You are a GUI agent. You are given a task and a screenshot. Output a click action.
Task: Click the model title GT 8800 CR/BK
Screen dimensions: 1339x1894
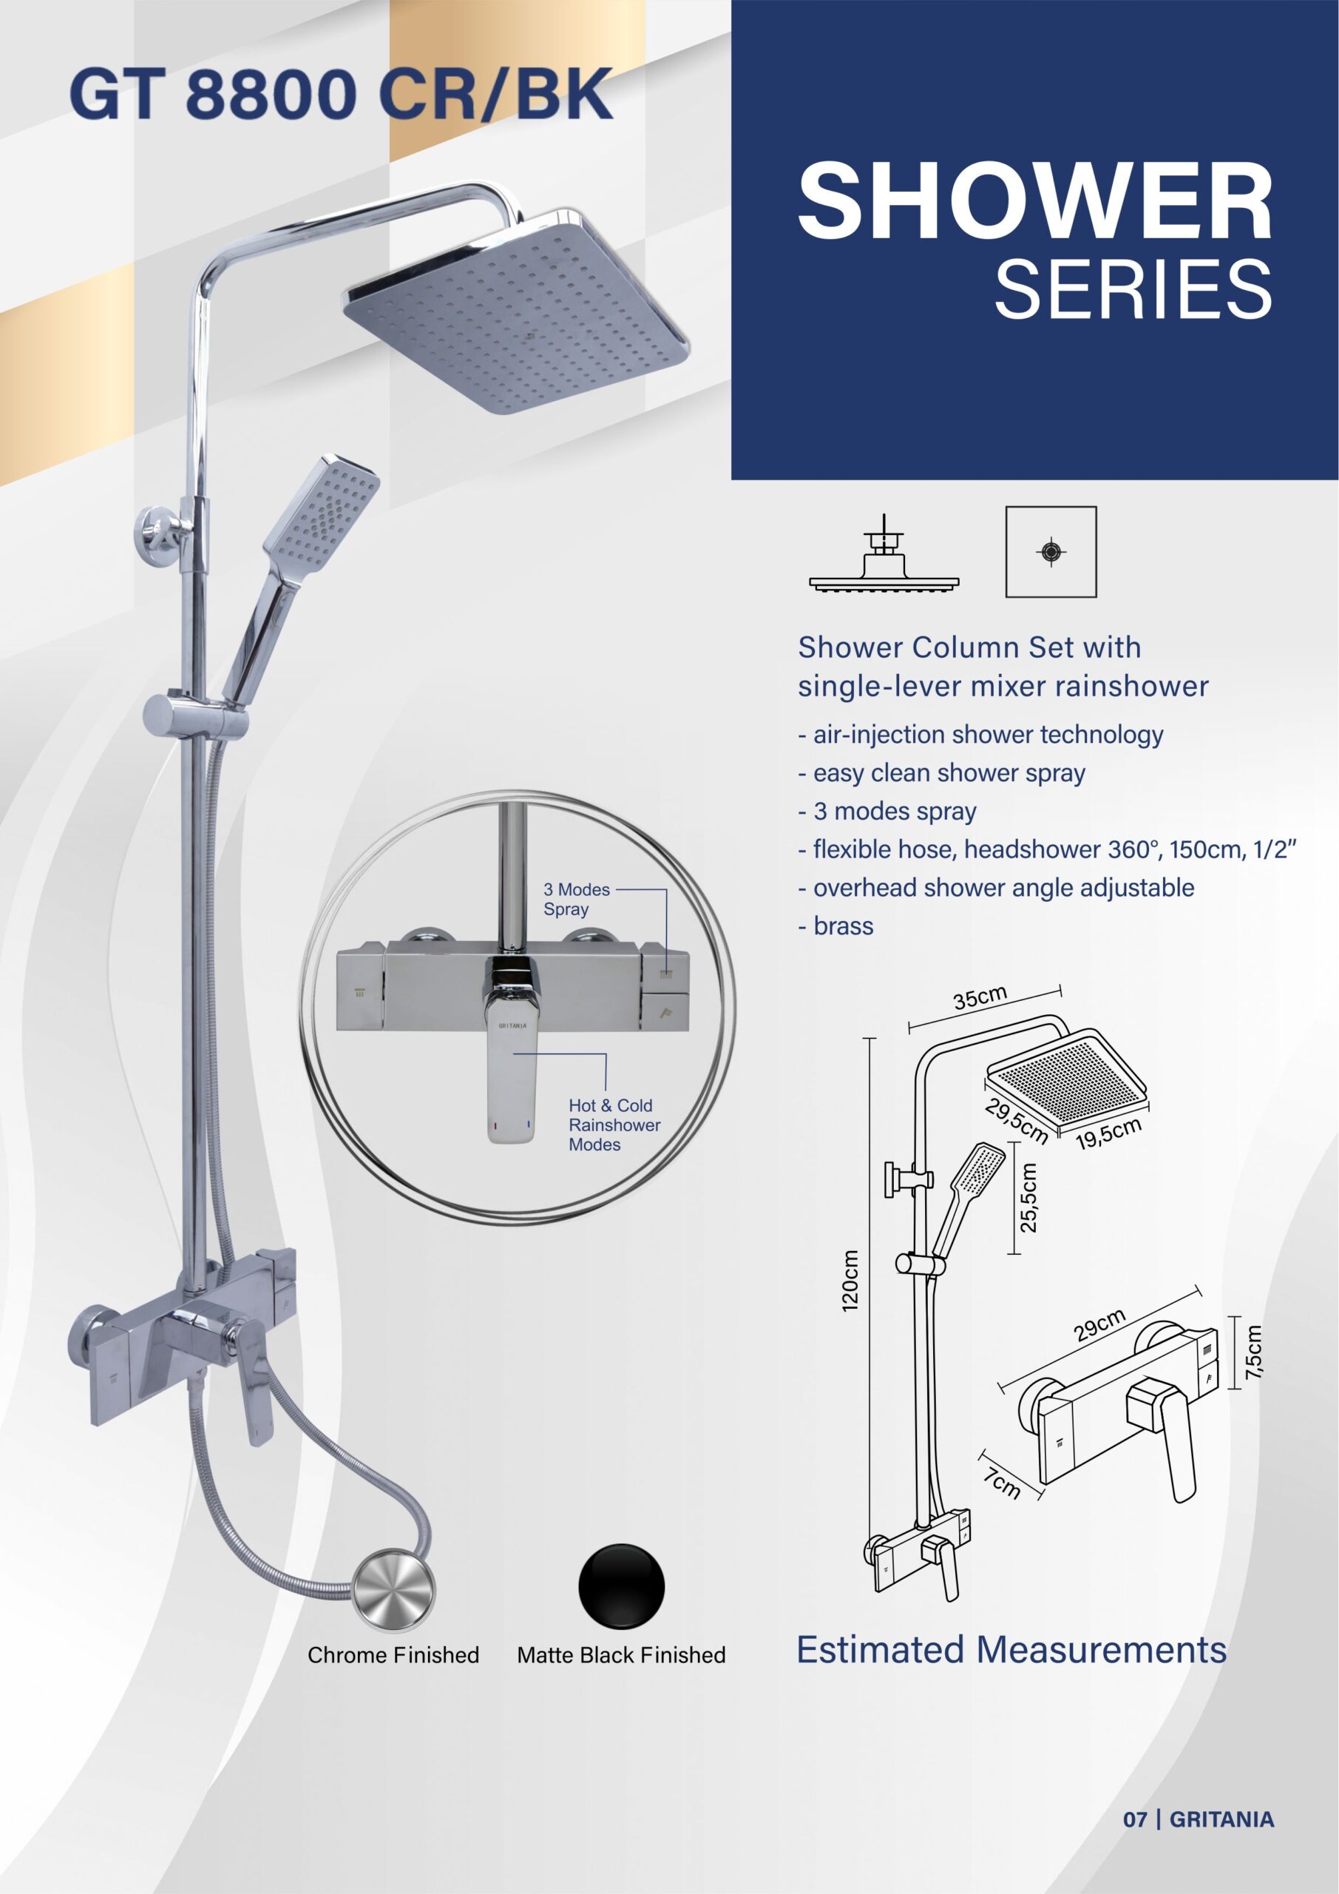point(342,95)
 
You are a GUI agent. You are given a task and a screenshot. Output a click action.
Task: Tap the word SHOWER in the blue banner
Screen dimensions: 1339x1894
point(1036,201)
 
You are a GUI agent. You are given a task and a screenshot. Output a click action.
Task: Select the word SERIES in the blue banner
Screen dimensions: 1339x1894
point(1133,289)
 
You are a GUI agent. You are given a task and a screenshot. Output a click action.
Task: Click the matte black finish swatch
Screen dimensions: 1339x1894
point(622,1586)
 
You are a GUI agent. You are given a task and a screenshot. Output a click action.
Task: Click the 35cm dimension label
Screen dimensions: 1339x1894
point(980,998)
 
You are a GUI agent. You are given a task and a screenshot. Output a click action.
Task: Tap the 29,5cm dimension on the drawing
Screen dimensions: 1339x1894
point(1016,1120)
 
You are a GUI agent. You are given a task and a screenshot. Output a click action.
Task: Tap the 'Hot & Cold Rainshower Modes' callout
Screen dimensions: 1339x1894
point(614,1125)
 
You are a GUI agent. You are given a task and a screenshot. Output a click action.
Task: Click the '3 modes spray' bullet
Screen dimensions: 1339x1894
point(887,811)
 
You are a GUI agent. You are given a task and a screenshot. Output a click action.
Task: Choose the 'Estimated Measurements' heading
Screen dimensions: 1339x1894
point(1011,1650)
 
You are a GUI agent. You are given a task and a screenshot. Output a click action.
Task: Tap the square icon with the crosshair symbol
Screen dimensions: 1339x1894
point(1051,552)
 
